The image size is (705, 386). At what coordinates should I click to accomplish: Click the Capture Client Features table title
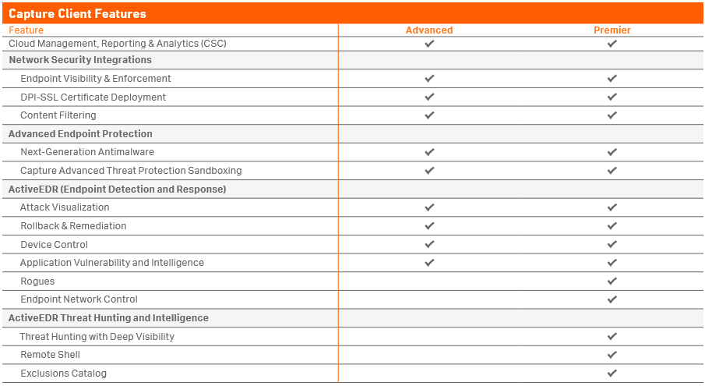pos(77,13)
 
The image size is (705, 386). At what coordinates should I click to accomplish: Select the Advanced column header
pos(429,30)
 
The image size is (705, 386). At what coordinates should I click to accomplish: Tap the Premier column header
pos(612,30)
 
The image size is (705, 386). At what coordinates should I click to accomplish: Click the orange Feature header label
pos(26,30)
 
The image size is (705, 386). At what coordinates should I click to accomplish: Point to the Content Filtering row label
pos(58,115)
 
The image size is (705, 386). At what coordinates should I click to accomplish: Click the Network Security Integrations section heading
pos(80,60)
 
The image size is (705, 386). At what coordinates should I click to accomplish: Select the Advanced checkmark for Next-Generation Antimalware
pos(429,152)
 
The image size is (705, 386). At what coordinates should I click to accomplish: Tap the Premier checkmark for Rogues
pos(612,282)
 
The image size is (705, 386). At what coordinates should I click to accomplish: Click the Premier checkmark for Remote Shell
pos(612,355)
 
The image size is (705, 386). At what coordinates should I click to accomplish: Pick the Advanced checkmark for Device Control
pos(429,244)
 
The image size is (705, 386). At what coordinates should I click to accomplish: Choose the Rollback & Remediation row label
pos(73,226)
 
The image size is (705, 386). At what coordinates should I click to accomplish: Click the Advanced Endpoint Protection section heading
pos(80,134)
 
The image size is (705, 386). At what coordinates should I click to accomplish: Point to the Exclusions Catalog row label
pos(63,374)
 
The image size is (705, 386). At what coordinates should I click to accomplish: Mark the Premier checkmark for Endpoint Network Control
pos(612,299)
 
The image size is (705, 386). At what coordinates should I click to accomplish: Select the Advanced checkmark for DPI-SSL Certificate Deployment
pos(429,97)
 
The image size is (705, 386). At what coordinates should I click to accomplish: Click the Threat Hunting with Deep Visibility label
pos(97,337)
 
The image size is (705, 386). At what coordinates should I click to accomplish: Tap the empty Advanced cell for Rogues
pos(429,282)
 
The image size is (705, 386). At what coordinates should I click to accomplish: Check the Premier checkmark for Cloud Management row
pos(612,44)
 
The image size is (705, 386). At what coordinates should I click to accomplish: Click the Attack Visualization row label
pos(65,207)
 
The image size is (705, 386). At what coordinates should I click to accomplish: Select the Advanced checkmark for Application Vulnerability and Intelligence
pos(429,263)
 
